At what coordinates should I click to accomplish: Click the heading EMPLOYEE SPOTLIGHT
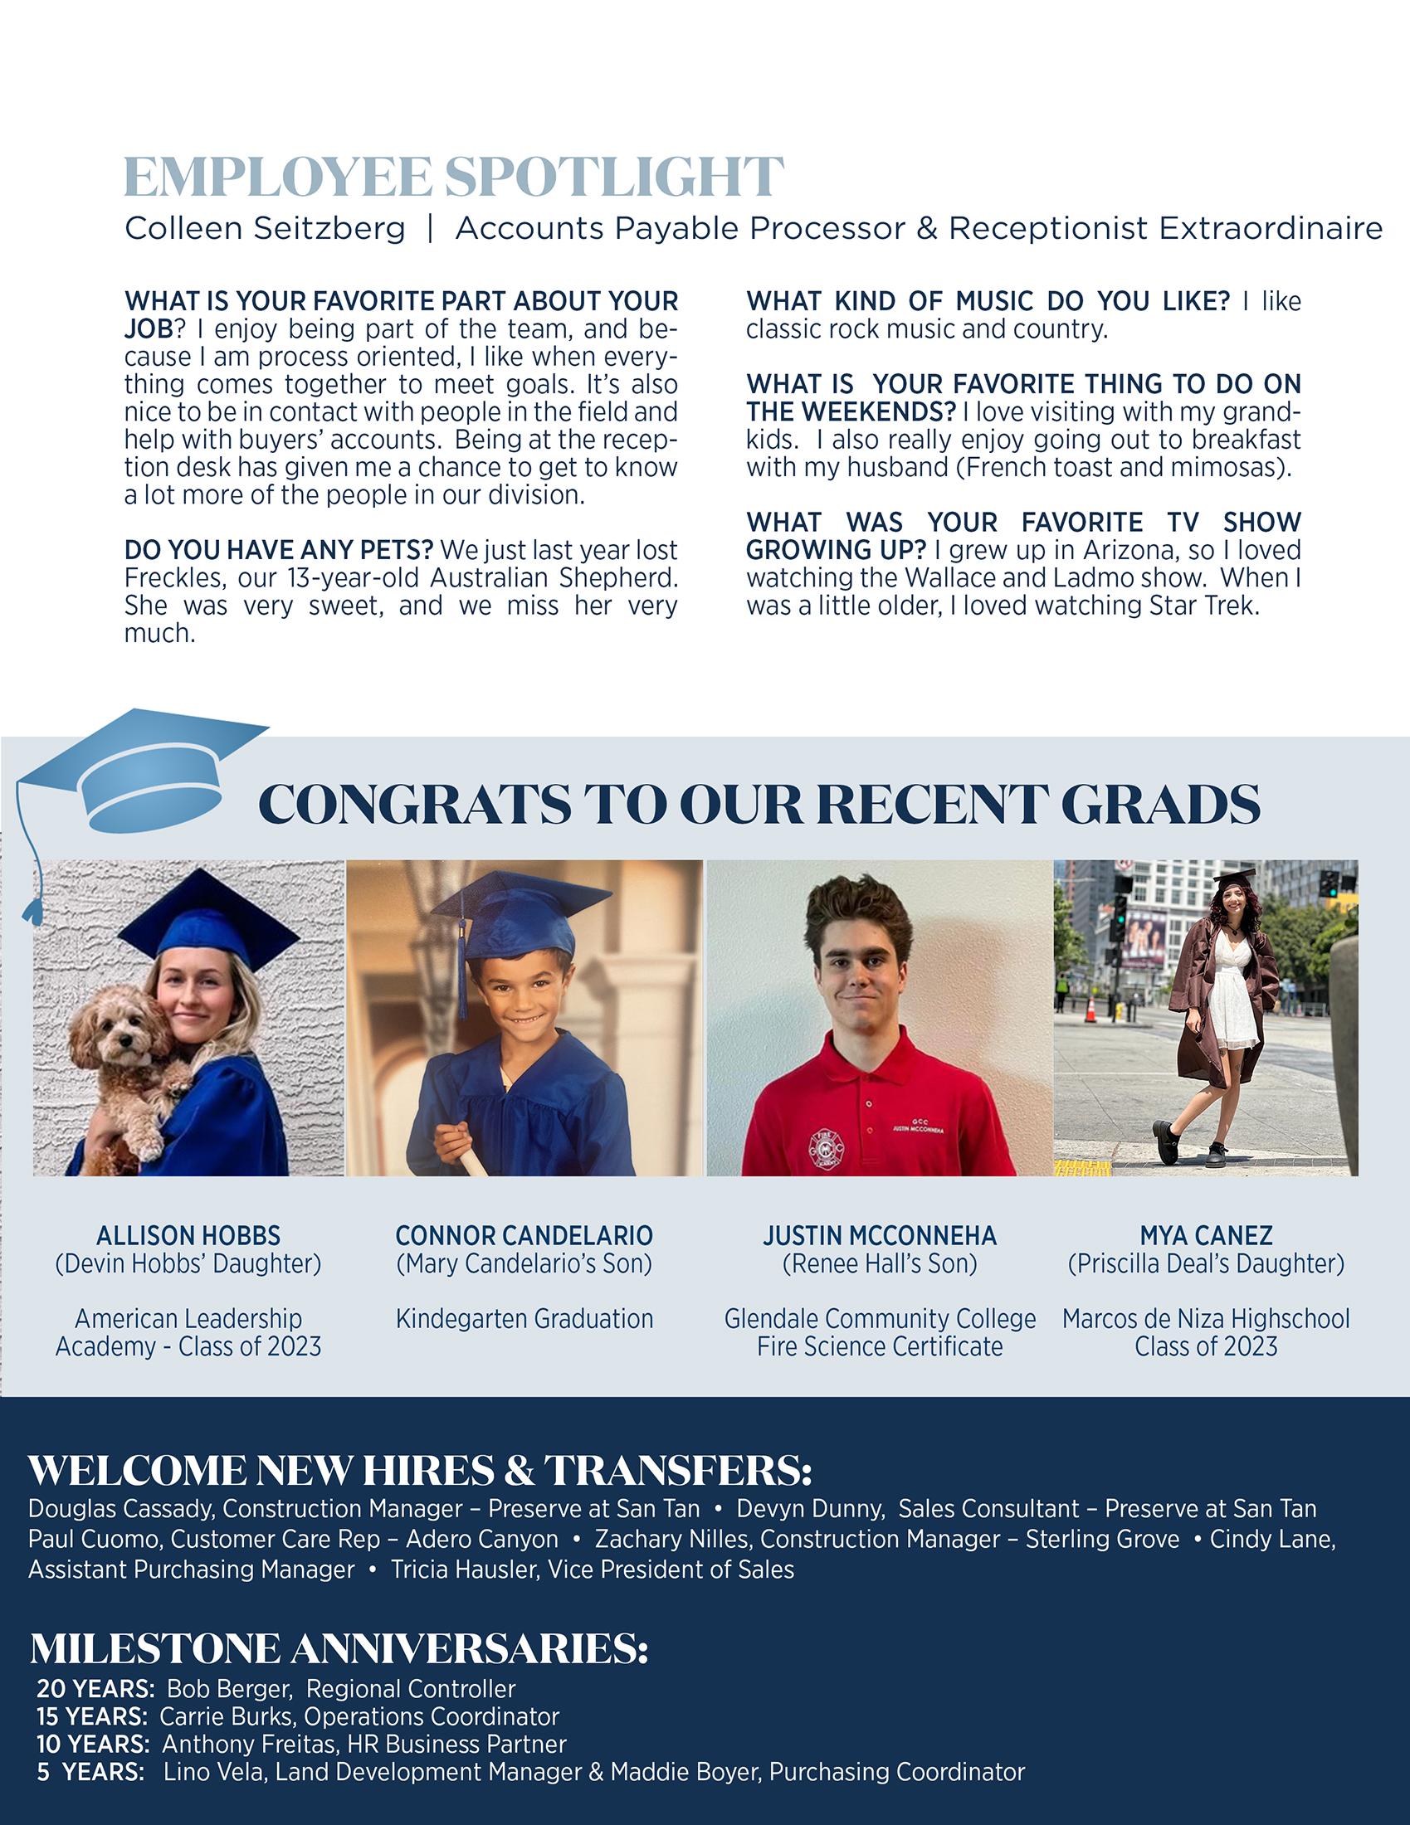tap(454, 177)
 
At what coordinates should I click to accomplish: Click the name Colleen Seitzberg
tap(265, 228)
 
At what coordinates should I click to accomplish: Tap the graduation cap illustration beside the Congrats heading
tap(142, 774)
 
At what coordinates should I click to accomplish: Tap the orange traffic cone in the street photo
tap(1089, 1011)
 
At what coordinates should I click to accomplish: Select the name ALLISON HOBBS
tap(188, 1235)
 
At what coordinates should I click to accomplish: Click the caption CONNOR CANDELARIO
tap(524, 1235)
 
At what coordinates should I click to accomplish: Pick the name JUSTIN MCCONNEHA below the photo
tap(879, 1235)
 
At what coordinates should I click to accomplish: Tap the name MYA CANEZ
tap(1205, 1235)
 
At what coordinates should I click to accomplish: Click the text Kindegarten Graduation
tap(524, 1319)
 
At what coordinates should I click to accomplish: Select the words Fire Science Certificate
tap(879, 1346)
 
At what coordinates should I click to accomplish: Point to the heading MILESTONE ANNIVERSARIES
tap(339, 1647)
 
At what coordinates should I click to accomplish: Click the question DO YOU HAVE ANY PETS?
tap(278, 550)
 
